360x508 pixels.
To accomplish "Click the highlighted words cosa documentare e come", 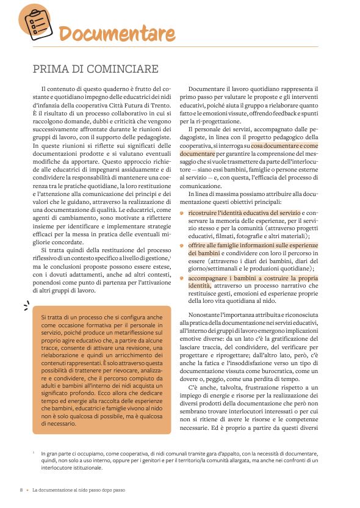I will click(284, 147).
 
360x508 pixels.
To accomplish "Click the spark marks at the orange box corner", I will click(26, 305).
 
